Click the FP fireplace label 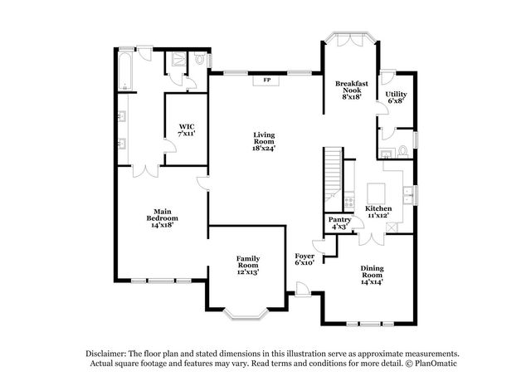click(x=267, y=81)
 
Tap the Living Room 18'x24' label click(x=264, y=141)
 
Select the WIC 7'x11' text click(x=186, y=129)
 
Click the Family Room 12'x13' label click(x=248, y=265)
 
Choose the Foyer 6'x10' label click(x=304, y=261)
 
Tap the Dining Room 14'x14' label click(x=372, y=273)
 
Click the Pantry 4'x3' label click(x=340, y=222)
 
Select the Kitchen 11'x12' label click(x=378, y=211)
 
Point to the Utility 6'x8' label click(x=396, y=97)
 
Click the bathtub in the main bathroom click(x=124, y=71)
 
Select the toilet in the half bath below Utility click(x=401, y=151)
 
